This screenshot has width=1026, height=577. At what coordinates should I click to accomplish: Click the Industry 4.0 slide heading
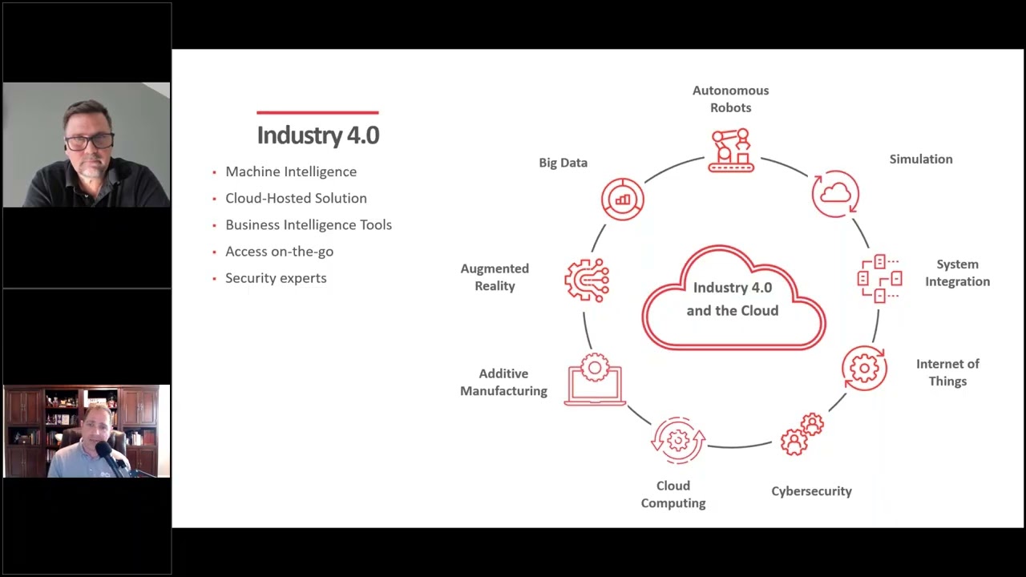tap(317, 135)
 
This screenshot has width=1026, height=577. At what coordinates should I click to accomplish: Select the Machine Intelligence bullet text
tap(291, 171)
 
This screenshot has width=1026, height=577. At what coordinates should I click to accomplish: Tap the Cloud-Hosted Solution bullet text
tap(296, 198)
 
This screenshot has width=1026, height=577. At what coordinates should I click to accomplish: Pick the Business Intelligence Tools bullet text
tap(309, 224)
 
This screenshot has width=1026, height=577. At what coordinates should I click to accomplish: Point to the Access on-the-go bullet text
tap(279, 252)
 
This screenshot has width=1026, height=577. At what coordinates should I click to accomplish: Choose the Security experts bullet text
tap(276, 278)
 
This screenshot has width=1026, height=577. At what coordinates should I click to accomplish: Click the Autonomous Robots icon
tap(731, 150)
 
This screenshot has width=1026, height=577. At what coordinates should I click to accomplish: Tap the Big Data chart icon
tap(623, 199)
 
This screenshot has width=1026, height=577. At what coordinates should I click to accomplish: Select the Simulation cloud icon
tap(835, 193)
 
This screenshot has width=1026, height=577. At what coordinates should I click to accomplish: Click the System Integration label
tap(957, 272)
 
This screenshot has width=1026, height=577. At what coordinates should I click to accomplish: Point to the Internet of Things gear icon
tap(864, 369)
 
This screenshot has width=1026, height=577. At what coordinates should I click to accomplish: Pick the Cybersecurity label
tap(811, 491)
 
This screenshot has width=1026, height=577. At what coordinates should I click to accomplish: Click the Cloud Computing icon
tap(678, 440)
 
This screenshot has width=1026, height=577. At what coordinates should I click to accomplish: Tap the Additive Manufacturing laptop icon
tap(595, 380)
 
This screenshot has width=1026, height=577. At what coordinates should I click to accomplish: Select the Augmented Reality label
tap(495, 277)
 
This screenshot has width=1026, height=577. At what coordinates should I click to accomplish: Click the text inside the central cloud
tap(733, 299)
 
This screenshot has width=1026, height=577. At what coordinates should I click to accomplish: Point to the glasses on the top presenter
tap(89, 142)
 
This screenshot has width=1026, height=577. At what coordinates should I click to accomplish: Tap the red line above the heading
tap(317, 113)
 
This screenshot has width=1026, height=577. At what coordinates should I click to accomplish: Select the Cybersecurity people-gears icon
tap(802, 434)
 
